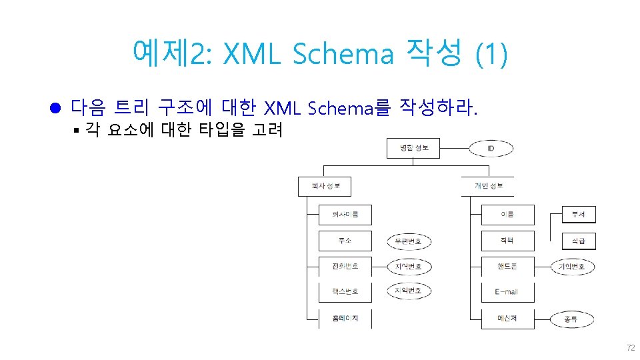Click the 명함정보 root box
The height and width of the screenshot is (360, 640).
(x=413, y=147)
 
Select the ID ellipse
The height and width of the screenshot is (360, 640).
(x=490, y=148)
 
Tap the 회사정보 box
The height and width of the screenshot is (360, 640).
(x=324, y=186)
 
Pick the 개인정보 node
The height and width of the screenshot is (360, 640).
(x=489, y=186)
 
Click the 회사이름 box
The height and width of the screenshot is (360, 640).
(x=345, y=215)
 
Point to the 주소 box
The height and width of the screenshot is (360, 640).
(x=345, y=241)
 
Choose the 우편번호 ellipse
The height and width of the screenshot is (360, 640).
(x=409, y=241)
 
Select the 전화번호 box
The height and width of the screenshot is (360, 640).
(x=345, y=267)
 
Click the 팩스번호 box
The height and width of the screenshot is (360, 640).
(x=345, y=292)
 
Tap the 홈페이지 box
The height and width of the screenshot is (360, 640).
(x=345, y=318)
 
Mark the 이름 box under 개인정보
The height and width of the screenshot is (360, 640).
(x=507, y=215)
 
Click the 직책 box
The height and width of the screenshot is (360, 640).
(x=507, y=241)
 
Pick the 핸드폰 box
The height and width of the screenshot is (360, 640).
(x=507, y=267)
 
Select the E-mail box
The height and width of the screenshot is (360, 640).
(x=507, y=292)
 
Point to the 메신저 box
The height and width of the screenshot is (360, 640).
(x=507, y=318)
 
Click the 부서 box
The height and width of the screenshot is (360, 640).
(x=578, y=215)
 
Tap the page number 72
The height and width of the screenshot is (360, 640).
(x=630, y=348)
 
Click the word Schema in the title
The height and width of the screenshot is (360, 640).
(x=343, y=53)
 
